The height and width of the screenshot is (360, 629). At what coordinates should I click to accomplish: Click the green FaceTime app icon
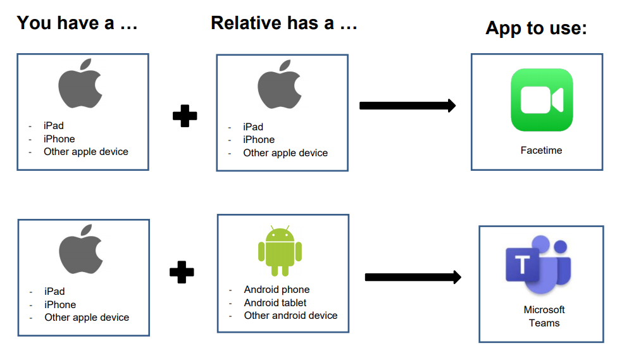click(542, 100)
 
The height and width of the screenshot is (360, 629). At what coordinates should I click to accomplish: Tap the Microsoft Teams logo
click(538, 265)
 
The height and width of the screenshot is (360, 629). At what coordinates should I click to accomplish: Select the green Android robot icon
click(280, 251)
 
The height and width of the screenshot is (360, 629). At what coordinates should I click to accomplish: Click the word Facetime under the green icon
click(541, 151)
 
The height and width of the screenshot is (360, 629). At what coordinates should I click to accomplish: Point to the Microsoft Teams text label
click(544, 316)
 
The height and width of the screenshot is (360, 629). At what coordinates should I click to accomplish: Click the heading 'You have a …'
click(77, 23)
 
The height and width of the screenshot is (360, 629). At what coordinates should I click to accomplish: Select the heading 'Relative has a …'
click(284, 23)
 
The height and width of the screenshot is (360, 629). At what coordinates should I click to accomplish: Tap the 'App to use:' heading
click(536, 28)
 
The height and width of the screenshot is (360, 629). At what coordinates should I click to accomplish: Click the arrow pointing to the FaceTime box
click(408, 106)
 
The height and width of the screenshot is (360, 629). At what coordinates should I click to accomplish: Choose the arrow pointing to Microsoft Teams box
click(413, 277)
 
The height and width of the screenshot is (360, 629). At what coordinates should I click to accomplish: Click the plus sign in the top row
click(185, 116)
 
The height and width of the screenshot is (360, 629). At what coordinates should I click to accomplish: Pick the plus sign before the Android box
click(182, 272)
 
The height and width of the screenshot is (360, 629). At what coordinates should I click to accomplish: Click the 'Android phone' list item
click(277, 289)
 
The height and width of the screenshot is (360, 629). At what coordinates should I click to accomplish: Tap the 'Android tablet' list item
click(275, 302)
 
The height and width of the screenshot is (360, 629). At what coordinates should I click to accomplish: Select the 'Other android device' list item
click(291, 316)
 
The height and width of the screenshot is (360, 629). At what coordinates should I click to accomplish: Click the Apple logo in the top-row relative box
click(279, 85)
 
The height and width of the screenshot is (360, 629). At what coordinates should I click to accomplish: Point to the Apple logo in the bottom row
click(80, 249)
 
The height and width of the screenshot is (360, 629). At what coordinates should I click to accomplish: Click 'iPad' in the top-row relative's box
click(253, 127)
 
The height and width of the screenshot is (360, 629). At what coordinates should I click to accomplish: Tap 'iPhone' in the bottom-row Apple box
click(60, 305)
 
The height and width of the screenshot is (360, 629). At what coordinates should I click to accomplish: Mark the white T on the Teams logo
click(522, 264)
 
